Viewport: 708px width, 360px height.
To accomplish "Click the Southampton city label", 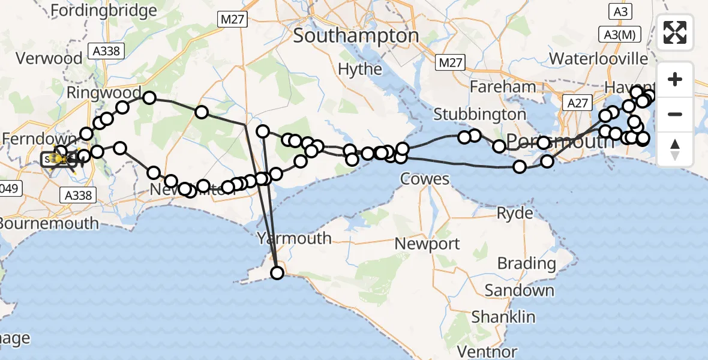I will tap(356, 36).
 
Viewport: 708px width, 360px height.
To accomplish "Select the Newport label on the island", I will tap(427, 244).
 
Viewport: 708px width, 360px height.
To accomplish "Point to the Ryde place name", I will tap(515, 214).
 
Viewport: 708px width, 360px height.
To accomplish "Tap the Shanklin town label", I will tap(503, 316).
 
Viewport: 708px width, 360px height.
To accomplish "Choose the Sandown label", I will tap(519, 290).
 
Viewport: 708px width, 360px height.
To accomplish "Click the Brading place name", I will tap(526, 263).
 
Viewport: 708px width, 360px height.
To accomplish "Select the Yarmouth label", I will tap(293, 238).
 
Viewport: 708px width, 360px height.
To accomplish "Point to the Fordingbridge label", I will tap(104, 10).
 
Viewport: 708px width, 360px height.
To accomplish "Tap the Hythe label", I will tap(360, 69).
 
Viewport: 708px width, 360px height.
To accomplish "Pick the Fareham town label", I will tap(503, 87).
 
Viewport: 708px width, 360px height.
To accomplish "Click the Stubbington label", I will tap(479, 113).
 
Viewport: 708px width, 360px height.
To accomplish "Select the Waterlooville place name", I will tap(598, 59).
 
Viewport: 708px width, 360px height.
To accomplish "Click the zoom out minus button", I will tap(675, 114).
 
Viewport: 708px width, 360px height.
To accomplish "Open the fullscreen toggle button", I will tap(675, 32).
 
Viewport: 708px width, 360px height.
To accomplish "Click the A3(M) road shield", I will tap(619, 35).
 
